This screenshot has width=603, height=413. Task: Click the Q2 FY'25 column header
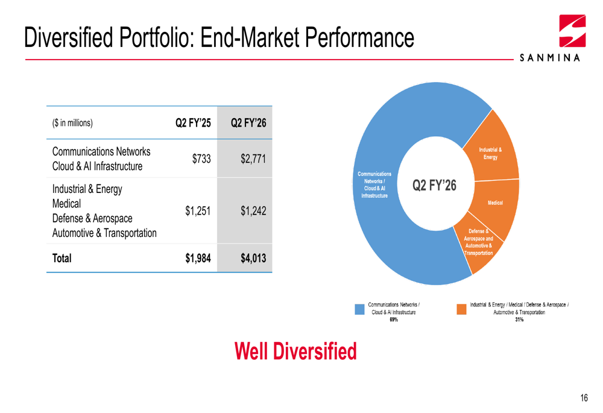point(192,124)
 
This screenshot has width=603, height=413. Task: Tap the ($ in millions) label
point(72,124)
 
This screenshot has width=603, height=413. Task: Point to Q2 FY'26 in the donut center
point(434,184)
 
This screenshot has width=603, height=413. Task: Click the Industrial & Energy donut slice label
point(490,154)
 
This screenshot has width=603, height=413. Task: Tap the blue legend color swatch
point(359,308)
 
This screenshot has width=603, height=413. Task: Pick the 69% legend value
point(393,320)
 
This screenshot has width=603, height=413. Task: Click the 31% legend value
point(519,320)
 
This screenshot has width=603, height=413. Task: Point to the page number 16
point(584,397)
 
